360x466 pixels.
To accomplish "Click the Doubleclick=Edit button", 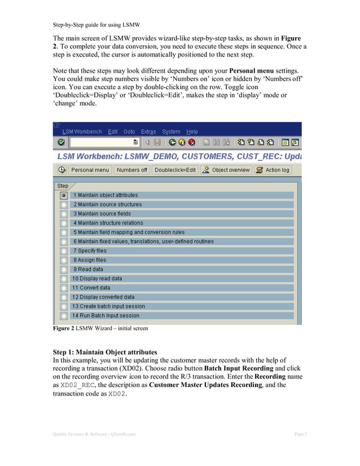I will pyautogui.click(x=175, y=170).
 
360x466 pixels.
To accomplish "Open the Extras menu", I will pyautogui.click(x=148, y=131).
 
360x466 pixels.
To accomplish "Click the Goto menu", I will pyautogui.click(x=129, y=131).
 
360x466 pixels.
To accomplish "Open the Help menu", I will pyautogui.click(x=192, y=131).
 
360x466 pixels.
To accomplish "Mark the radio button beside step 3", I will pyautogui.click(x=64, y=214).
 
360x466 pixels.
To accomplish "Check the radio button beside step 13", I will pyautogui.click(x=64, y=306).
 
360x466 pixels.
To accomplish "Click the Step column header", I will pyautogui.click(x=63, y=186).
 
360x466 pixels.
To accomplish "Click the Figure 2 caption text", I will pyautogui.click(x=100, y=328).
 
